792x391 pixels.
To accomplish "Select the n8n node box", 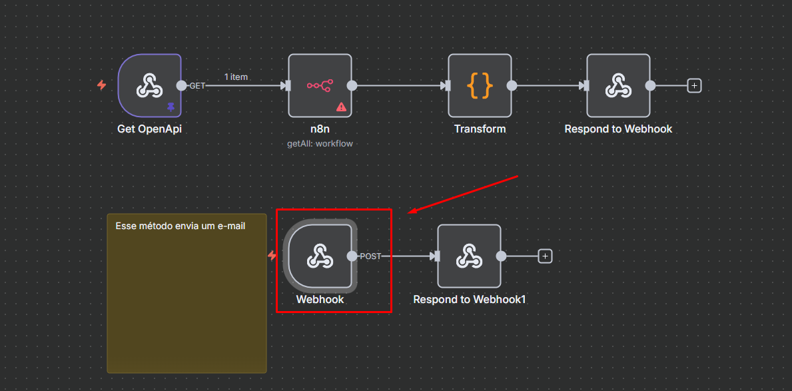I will (x=320, y=85).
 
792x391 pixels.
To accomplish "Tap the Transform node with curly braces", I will (x=480, y=85).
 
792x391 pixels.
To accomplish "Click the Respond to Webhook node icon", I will (x=618, y=85).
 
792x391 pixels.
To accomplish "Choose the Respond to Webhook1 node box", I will (x=469, y=256).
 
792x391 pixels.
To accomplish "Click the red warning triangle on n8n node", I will (x=341, y=107).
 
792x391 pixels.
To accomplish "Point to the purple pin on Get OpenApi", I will (x=171, y=107).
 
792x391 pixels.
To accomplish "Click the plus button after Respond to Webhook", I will (x=694, y=85).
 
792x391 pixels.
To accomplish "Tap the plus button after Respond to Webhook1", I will (x=545, y=256).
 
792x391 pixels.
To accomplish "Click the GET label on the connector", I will (x=197, y=86).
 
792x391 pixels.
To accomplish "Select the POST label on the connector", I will (x=370, y=256).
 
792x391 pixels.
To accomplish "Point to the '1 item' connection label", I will (x=236, y=77).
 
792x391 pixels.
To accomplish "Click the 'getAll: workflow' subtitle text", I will (x=320, y=144).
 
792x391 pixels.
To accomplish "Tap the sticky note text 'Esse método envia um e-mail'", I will (x=181, y=226).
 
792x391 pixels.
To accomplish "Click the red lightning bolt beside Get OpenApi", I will (x=102, y=85).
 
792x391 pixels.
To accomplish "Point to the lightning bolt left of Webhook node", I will (x=272, y=255).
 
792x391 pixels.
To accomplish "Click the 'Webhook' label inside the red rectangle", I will (x=320, y=300).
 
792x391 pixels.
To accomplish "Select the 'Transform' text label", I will (x=480, y=129).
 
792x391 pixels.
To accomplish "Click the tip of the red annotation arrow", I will (x=410, y=213).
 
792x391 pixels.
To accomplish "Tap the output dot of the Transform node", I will (x=512, y=85).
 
